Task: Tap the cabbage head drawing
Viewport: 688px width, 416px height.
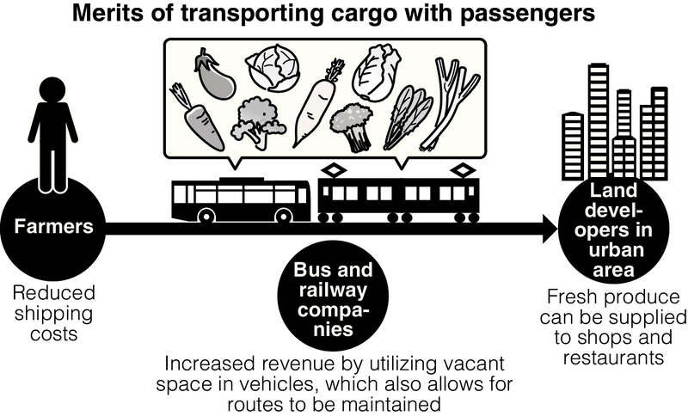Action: [x=273, y=69]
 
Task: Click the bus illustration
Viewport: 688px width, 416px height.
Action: [x=240, y=200]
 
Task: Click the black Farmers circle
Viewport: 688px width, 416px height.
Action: [x=52, y=227]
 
